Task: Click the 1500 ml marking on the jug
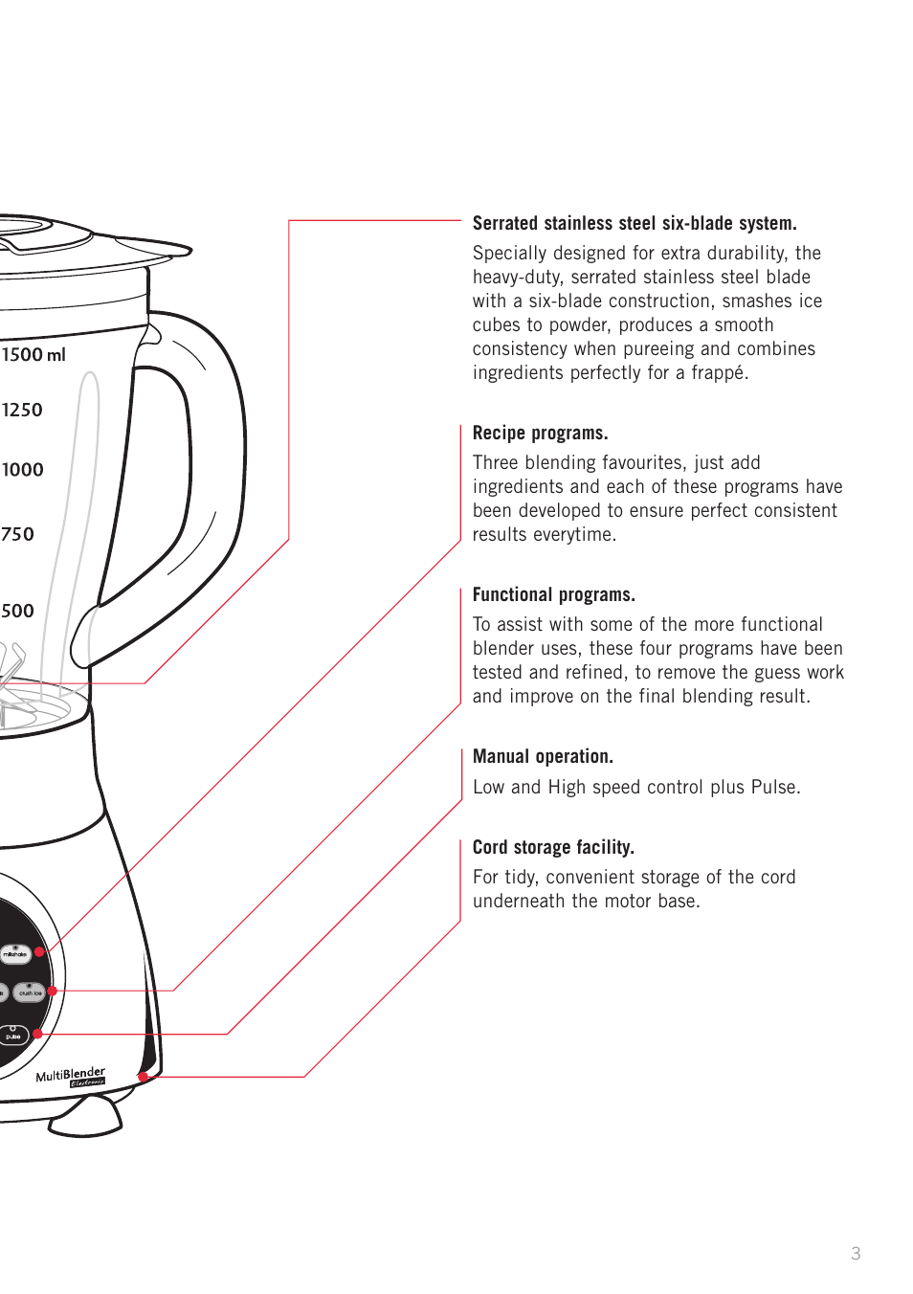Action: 33,355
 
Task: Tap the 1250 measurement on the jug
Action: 22,411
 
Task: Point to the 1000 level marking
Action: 22,470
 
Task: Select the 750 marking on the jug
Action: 17,534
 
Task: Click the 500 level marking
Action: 17,611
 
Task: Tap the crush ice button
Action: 31,993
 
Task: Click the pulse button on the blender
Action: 13,1036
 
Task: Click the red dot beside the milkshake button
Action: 40,952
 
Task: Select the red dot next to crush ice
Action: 53,991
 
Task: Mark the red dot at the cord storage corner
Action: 143,1077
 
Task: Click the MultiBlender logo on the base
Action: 71,1076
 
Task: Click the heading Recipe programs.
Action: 540,433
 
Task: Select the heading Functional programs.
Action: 553,594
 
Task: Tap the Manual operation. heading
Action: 543,756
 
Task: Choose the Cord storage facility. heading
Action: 553,847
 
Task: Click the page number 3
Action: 856,1253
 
